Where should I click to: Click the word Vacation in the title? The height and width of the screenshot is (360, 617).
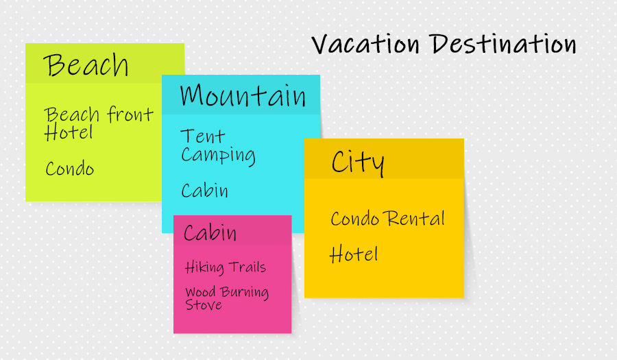(x=365, y=44)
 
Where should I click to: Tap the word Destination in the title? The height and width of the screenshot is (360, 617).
(x=503, y=43)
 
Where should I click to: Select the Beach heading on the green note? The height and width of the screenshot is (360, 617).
(x=86, y=65)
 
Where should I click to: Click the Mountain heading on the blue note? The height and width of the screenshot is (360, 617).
(x=243, y=95)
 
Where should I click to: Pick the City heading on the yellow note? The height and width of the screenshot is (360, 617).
(x=358, y=162)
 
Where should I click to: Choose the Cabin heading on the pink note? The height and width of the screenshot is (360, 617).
(x=210, y=232)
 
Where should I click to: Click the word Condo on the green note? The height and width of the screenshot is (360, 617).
(x=70, y=169)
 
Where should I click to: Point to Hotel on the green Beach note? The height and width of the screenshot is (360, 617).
(x=69, y=132)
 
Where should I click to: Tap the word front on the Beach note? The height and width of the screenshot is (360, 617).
(x=130, y=114)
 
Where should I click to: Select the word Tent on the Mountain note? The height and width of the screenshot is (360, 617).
(x=203, y=136)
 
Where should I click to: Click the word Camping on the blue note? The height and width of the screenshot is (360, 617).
(x=218, y=156)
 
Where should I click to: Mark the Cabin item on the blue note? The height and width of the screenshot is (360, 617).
(x=204, y=191)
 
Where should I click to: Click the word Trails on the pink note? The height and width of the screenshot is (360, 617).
(x=247, y=267)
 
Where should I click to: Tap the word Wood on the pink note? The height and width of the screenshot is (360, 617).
(x=200, y=292)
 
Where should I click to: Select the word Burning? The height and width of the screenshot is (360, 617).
(x=244, y=292)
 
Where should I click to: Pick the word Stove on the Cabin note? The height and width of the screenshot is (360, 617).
(x=204, y=305)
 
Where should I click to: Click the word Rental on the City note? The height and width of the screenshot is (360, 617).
(x=414, y=218)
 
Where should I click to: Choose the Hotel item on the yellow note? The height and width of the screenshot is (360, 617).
(x=354, y=254)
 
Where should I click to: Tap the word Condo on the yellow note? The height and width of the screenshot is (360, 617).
(x=355, y=219)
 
